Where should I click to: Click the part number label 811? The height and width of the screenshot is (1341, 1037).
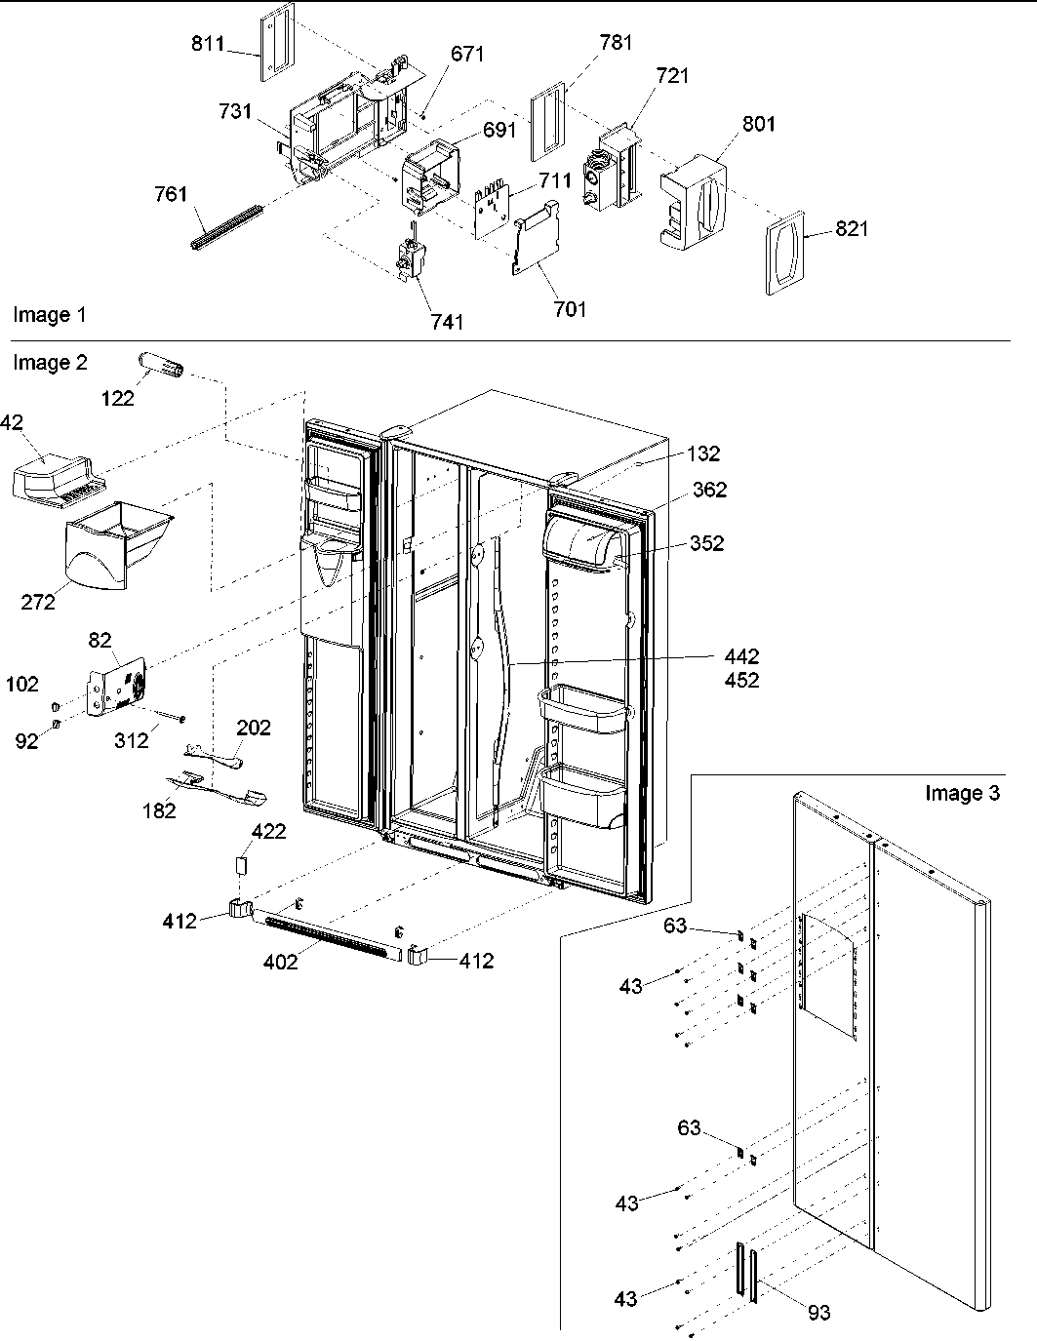[x=208, y=44]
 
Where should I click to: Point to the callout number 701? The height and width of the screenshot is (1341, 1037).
[x=570, y=309]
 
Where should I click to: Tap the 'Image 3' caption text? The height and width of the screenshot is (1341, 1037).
[x=962, y=793]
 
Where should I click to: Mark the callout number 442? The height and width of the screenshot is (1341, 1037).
[x=740, y=658]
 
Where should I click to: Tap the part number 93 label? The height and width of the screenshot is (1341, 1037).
[x=819, y=1313]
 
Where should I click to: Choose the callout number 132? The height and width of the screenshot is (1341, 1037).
[x=702, y=454]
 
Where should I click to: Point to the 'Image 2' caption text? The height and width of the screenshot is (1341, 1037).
[x=50, y=363]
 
